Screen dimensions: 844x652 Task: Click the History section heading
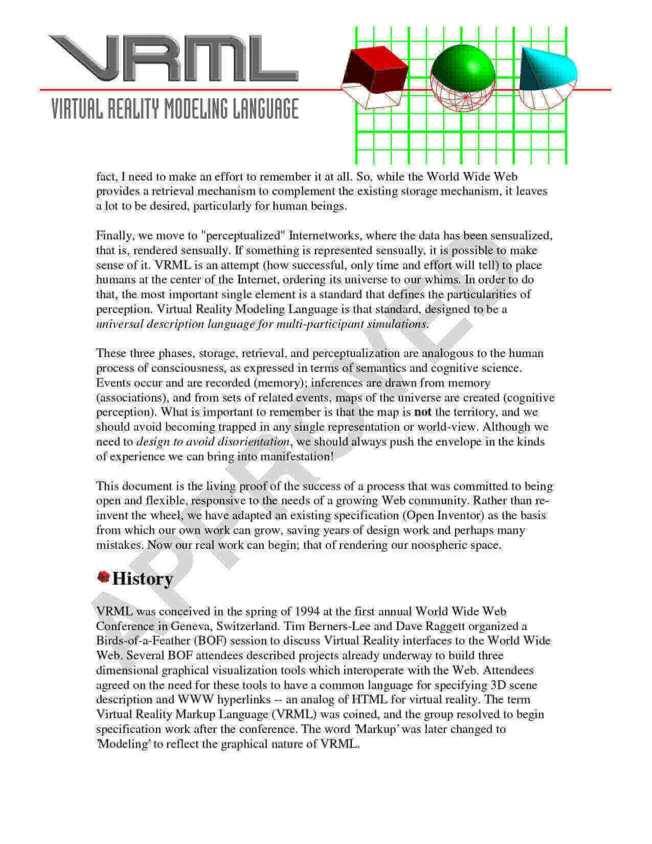point(142,579)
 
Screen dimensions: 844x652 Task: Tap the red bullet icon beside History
point(103,578)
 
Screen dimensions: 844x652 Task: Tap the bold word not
point(422,412)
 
